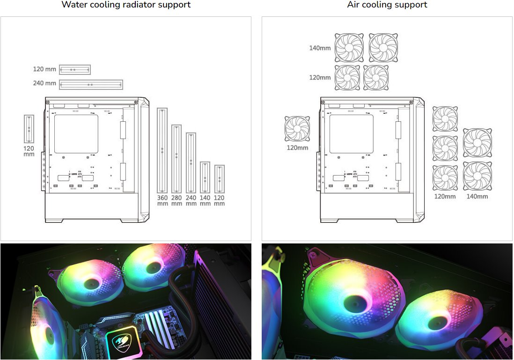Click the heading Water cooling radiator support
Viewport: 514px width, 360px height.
coord(126,5)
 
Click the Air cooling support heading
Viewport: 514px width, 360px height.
coord(387,5)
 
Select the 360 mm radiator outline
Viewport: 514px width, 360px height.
coord(162,151)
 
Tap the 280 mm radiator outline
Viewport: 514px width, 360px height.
coord(176,159)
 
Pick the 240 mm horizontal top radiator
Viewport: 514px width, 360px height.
coord(91,85)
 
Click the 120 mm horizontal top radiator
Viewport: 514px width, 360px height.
coord(74,70)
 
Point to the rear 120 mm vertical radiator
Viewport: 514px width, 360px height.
coord(29,129)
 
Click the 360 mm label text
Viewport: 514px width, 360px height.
coord(162,201)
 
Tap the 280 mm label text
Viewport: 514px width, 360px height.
coord(176,201)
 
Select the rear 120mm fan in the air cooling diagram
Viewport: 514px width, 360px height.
coord(297,129)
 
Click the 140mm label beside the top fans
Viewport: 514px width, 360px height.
coord(320,48)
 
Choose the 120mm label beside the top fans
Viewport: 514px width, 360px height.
coord(320,78)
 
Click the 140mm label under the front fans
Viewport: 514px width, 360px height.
coord(477,197)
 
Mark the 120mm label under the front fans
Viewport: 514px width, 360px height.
coord(445,197)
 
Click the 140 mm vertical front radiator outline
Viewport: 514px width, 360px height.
coord(205,177)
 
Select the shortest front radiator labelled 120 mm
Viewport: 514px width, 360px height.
coord(220,179)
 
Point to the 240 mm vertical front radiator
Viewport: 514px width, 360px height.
coord(191,163)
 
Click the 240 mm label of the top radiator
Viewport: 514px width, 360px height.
coord(44,83)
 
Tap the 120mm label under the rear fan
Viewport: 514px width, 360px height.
coord(297,148)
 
